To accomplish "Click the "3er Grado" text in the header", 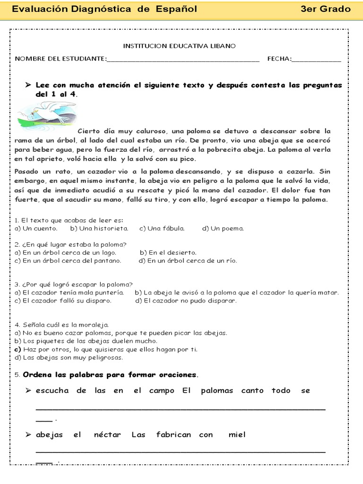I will tap(325, 9).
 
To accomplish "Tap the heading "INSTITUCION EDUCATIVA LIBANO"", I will tap(179, 46).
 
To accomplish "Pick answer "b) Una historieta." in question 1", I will tap(99, 228).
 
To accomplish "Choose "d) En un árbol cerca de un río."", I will tap(188, 260).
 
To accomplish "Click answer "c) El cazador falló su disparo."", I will tap(63, 301).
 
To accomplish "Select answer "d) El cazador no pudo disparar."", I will tap(186, 301).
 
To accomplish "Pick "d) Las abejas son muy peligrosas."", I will tap(62, 357).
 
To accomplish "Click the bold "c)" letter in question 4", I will tap(18, 349).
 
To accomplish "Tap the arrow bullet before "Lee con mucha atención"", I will tap(28, 85).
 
